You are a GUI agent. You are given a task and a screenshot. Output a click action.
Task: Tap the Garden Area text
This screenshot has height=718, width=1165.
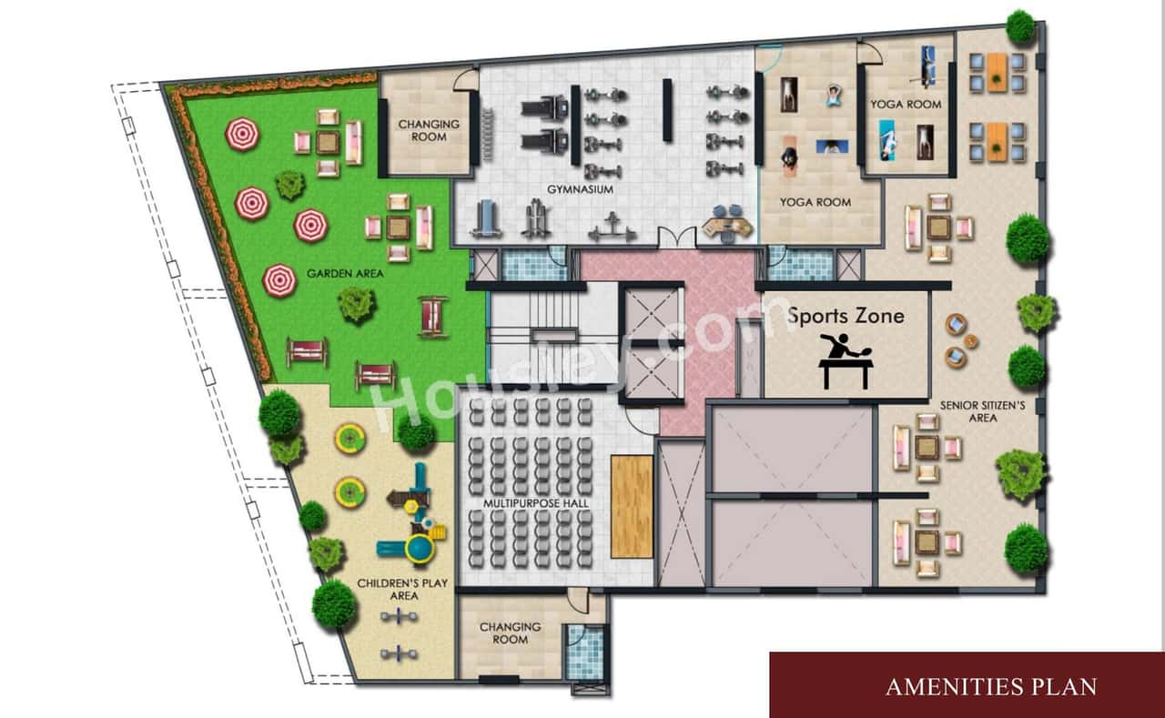coord(345,274)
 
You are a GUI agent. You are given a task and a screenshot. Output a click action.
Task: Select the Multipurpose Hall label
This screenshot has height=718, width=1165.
coord(536,503)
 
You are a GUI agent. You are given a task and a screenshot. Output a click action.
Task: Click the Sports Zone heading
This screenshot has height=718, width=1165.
coord(846,316)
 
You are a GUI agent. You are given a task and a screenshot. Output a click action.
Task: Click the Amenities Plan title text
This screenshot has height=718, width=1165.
coord(991,687)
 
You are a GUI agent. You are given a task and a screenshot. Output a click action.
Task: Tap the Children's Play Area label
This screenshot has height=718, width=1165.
coord(402,590)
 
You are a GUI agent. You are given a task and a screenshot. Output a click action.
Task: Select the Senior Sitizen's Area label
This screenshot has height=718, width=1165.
coord(982,411)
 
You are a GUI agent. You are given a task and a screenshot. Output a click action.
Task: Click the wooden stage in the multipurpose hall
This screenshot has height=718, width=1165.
coord(632,507)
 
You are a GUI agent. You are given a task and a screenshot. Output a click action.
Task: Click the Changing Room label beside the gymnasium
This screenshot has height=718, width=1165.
coord(429,130)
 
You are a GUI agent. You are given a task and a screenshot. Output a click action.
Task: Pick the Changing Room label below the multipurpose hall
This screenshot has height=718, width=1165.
coord(511,633)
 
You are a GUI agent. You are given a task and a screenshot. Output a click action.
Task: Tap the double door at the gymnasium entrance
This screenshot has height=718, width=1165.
coord(676,238)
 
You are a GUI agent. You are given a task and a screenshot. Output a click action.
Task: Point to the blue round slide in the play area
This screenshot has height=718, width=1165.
coord(420,549)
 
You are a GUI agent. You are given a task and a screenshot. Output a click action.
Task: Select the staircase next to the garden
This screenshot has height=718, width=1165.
coord(532,337)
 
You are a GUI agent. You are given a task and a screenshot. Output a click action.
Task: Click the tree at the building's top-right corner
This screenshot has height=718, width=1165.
coord(1020,26)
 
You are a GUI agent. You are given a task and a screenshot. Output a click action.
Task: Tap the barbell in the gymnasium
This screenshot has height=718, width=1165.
coord(613,228)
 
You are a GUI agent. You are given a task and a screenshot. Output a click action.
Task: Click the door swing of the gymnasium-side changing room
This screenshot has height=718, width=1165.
coord(465,81)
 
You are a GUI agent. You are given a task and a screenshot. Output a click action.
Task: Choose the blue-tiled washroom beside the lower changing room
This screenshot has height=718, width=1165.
coord(585,652)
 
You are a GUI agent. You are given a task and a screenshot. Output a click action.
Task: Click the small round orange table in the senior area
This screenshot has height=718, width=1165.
coord(970,341)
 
